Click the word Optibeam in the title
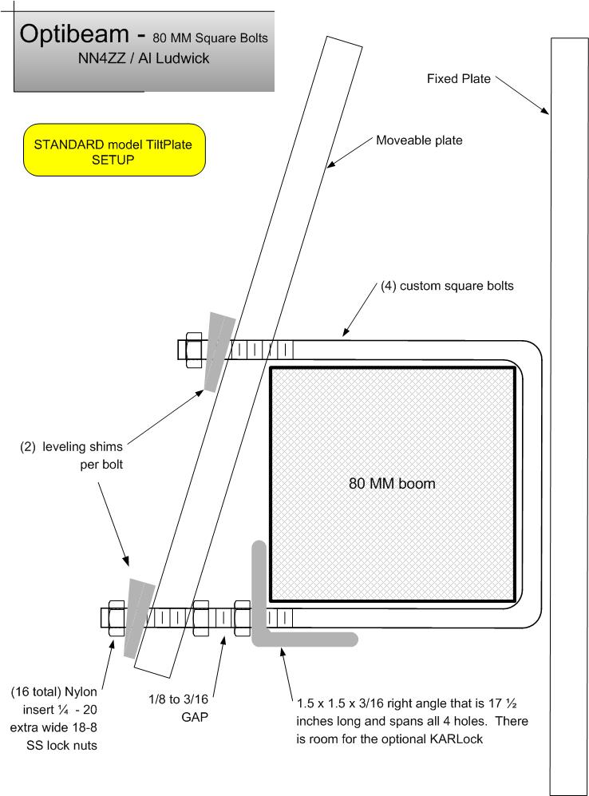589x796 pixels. coord(74,34)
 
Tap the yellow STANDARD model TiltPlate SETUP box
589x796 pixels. coord(114,150)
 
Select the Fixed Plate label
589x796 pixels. coord(459,79)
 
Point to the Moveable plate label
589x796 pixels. coord(419,140)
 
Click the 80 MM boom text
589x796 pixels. coord(392,483)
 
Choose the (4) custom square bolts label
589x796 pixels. coord(447,286)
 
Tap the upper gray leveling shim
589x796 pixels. coord(219,351)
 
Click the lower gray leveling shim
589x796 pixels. coord(139,618)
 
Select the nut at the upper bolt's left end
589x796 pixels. coord(194,350)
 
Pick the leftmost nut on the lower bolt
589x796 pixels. coord(117,618)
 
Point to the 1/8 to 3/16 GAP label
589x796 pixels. coord(178,708)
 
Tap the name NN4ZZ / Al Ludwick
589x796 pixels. coord(144,58)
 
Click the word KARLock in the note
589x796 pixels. coord(456,739)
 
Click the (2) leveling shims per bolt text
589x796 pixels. coord(72,455)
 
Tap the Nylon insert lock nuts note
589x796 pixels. coord(53,719)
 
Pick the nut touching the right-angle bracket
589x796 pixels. coord(242,618)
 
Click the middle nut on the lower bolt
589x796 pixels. coord(201,618)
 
